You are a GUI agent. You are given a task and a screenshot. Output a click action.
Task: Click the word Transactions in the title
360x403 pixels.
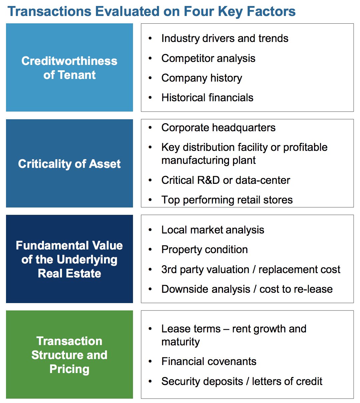(x=49, y=11)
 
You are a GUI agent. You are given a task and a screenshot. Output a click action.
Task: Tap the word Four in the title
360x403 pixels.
(x=199, y=11)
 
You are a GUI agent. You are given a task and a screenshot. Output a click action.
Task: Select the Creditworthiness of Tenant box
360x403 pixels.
(x=69, y=67)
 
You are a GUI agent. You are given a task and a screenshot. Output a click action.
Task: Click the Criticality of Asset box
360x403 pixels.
(x=69, y=163)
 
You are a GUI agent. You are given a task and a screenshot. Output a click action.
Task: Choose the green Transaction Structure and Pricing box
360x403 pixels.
(x=69, y=354)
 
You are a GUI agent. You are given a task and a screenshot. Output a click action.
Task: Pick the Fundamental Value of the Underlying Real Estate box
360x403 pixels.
(x=69, y=259)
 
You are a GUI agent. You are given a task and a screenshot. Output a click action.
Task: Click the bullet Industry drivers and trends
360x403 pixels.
(x=225, y=38)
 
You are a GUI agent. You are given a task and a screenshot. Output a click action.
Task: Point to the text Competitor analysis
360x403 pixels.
(x=208, y=58)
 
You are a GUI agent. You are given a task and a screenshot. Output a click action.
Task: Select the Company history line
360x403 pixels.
(x=202, y=78)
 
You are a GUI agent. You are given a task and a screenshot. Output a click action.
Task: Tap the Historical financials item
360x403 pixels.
(x=207, y=98)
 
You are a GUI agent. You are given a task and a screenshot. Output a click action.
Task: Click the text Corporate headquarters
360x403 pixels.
(x=218, y=128)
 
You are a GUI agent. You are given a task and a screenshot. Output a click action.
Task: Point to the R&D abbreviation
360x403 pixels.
(x=208, y=180)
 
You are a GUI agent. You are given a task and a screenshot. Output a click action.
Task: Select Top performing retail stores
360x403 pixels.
(x=227, y=200)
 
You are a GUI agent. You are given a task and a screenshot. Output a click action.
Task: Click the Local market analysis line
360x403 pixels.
(x=213, y=230)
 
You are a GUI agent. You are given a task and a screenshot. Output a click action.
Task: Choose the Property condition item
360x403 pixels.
(x=204, y=249)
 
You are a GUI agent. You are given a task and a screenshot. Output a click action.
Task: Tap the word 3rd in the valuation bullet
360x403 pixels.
(x=169, y=269)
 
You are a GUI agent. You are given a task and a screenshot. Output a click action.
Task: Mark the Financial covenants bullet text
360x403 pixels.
(x=209, y=361)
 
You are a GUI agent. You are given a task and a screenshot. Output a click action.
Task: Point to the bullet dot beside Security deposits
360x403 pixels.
(x=150, y=381)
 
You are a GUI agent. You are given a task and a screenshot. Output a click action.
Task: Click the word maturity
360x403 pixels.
(x=180, y=342)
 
